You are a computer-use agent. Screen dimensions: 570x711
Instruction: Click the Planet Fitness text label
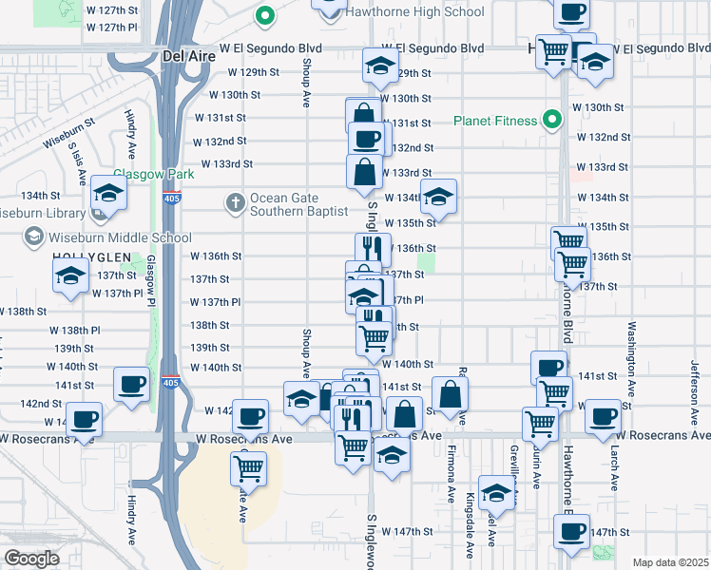(x=495, y=121)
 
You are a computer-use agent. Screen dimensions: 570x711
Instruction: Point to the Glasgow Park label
(x=154, y=174)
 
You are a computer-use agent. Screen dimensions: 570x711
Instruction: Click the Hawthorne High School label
(x=414, y=12)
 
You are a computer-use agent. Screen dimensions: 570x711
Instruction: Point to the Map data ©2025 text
(x=670, y=562)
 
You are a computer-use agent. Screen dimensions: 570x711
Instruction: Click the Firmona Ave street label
(x=451, y=474)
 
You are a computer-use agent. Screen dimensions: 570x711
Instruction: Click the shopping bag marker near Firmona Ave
(x=451, y=391)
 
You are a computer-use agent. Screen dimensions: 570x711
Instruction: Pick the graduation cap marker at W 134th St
(x=438, y=196)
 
